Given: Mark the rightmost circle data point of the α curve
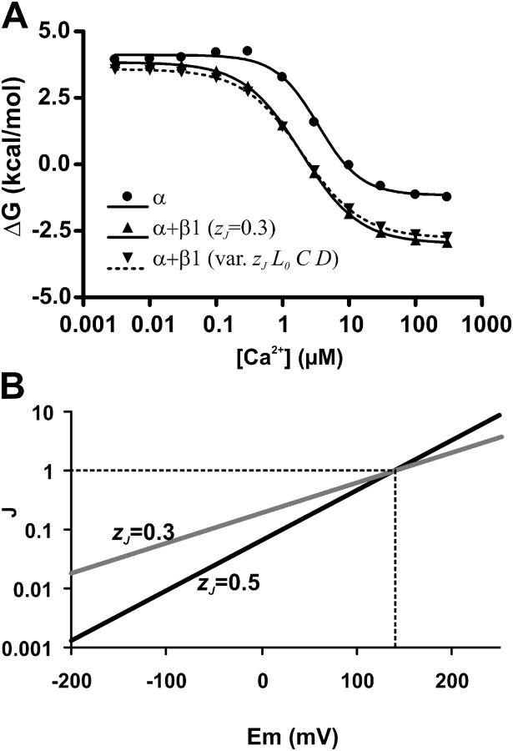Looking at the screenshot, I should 447,196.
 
